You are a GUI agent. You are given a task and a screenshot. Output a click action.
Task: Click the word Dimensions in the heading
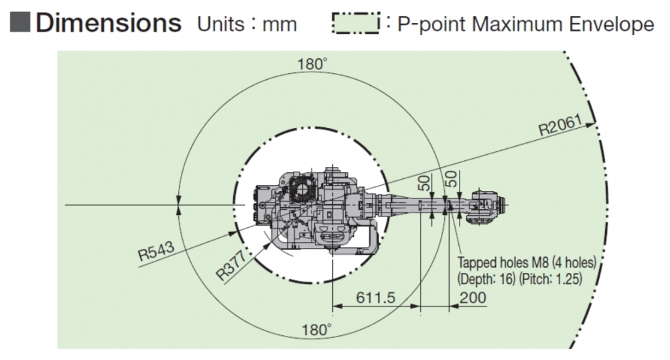[x=109, y=23]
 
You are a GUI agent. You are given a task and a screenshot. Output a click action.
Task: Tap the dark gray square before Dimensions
[x=19, y=23]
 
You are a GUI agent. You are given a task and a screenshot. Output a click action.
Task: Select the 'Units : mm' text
[x=247, y=24]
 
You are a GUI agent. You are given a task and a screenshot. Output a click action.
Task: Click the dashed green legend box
[x=356, y=23]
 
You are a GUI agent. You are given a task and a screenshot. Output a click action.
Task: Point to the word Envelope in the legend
[x=611, y=24]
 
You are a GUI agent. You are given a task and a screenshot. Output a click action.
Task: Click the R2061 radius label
[x=560, y=125]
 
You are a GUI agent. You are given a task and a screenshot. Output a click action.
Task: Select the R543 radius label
[x=156, y=251]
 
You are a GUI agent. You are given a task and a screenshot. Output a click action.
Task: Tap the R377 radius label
[x=231, y=265]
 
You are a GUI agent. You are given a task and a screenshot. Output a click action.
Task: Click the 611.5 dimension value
[x=376, y=298]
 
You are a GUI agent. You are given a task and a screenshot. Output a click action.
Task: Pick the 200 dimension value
[x=472, y=298]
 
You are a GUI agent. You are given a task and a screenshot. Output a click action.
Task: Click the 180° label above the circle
[x=312, y=64]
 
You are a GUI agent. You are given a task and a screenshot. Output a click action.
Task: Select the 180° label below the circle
[x=317, y=330]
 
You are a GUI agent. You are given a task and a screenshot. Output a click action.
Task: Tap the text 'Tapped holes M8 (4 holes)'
[x=527, y=263]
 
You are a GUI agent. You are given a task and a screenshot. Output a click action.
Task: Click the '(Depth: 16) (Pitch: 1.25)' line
[x=520, y=279]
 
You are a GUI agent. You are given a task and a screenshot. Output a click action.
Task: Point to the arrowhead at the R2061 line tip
[x=590, y=125]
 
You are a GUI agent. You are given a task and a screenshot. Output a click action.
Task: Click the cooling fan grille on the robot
[x=303, y=190]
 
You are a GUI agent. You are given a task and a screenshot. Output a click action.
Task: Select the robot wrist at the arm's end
[x=487, y=205]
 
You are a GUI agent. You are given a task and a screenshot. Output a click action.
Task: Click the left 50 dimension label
[x=424, y=183]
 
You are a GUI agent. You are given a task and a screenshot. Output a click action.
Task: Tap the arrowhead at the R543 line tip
[x=232, y=233]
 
